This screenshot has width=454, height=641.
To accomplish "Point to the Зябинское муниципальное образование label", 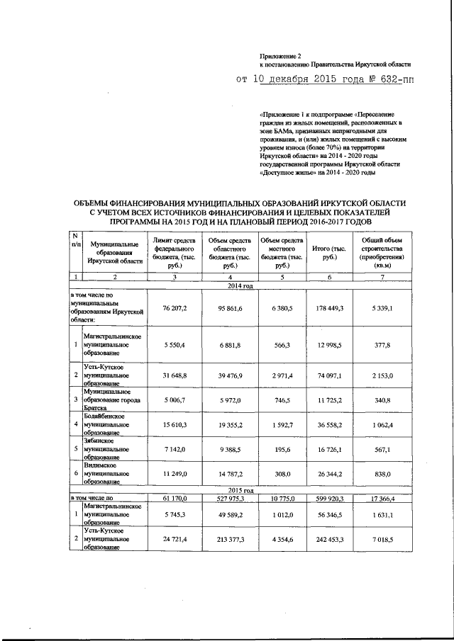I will [x=106, y=449].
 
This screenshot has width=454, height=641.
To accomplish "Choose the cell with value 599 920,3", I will [x=332, y=499].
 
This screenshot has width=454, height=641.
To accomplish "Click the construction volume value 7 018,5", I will [x=382, y=539].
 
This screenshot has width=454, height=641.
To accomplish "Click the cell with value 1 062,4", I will [x=382, y=424].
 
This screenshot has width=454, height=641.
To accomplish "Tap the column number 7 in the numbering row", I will [x=382, y=278].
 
